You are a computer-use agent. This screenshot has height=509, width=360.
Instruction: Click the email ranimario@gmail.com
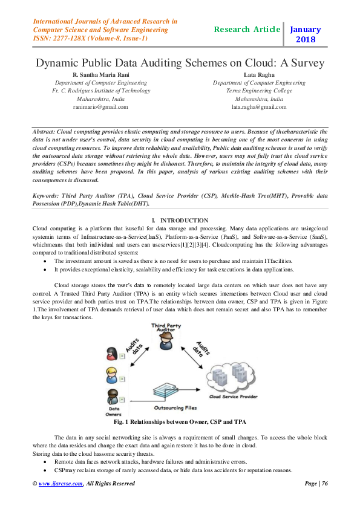coord(100,107)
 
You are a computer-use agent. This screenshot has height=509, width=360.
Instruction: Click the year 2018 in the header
coord(306,40)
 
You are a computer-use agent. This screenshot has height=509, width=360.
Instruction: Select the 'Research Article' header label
coord(247,29)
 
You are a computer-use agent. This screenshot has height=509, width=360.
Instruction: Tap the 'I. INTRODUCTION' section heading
coord(180,221)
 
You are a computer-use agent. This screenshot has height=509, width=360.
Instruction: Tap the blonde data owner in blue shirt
coord(111,375)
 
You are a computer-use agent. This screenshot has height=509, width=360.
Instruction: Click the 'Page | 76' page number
coord(315,484)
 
